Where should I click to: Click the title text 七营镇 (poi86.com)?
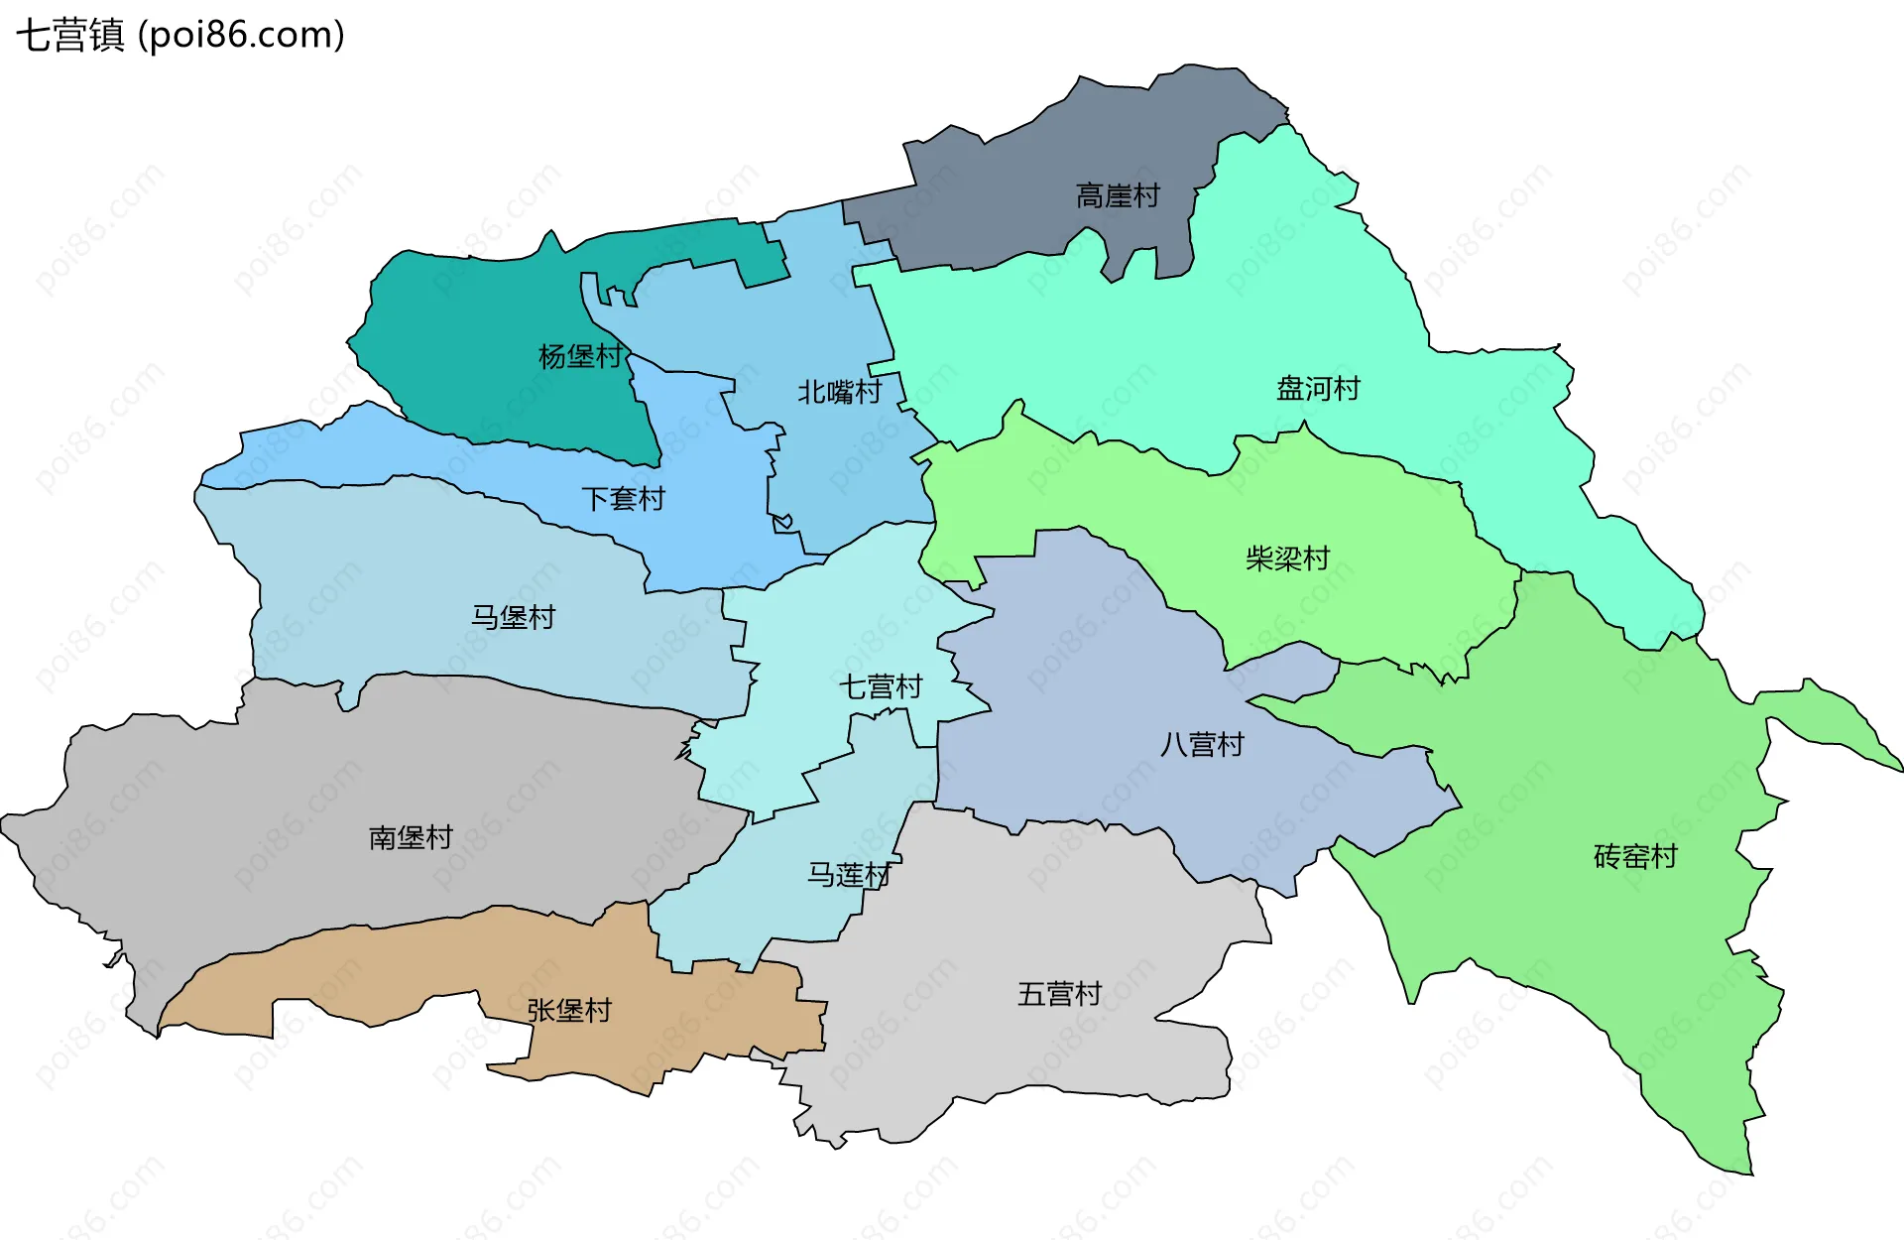[180, 35]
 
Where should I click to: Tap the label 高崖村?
[1118, 195]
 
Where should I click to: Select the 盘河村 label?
[1318, 388]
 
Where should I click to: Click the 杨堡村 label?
[580, 356]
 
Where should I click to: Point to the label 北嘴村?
[839, 392]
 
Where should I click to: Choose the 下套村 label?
[623, 498]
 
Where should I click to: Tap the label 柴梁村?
[1287, 558]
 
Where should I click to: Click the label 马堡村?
[513, 617]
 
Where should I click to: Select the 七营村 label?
[881, 686]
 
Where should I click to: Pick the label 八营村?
[1202, 744]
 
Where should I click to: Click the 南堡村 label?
[411, 838]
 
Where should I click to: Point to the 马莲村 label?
[849, 875]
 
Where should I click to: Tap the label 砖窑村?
[1635, 856]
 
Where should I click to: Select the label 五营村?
[1059, 994]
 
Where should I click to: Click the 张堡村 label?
[569, 1010]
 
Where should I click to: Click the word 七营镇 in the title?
[69, 35]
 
